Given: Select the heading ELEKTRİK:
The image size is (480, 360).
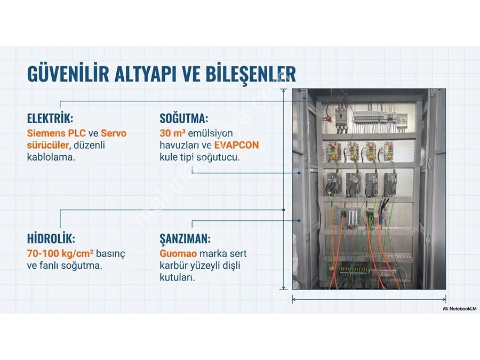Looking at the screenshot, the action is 50,118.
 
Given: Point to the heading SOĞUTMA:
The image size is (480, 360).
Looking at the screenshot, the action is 183,118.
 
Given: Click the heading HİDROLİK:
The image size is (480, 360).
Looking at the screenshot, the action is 51,238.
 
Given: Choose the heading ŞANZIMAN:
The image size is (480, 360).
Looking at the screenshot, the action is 185,238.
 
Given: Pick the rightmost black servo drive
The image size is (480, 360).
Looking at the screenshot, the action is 389,183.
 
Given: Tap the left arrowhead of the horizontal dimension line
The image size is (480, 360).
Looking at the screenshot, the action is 293,299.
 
